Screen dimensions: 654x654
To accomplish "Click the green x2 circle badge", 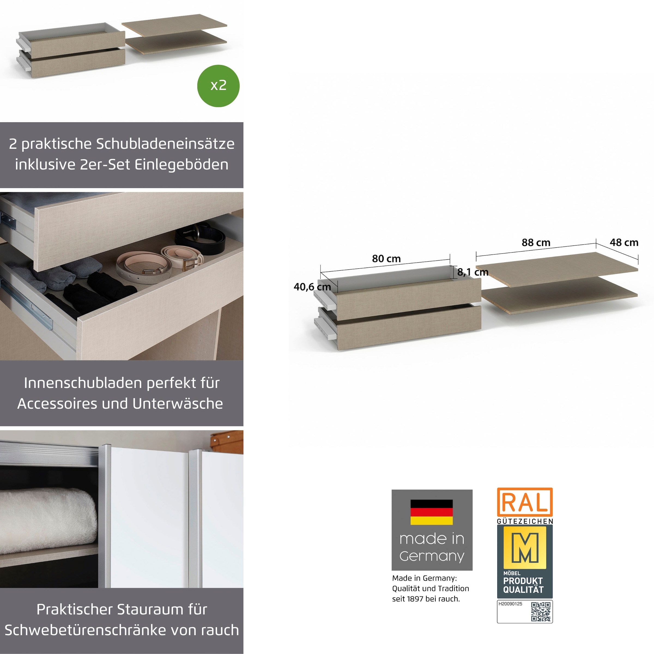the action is coord(218,86).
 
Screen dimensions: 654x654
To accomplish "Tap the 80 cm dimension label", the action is coord(386,259).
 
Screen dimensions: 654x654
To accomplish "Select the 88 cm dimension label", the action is coord(536,242).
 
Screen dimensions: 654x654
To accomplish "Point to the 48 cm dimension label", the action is coord(624,242).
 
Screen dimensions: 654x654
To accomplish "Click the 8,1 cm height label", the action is coord(473,272).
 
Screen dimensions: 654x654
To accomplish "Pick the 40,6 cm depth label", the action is coord(312,287).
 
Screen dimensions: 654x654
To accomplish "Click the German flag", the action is coord(432,512).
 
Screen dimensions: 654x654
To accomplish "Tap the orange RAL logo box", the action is coord(525,502).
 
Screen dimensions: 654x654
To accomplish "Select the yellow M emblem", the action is coord(525,547).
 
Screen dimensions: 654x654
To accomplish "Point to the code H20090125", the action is coord(510,604).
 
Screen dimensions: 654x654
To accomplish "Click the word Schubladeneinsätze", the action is coord(165,144).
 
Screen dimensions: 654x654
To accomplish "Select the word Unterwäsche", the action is coord(178,404).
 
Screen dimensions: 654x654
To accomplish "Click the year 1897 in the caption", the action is coord(415,599).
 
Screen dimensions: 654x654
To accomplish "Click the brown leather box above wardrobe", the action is coord(226,442).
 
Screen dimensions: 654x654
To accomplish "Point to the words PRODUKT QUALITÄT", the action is coord(523,585).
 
